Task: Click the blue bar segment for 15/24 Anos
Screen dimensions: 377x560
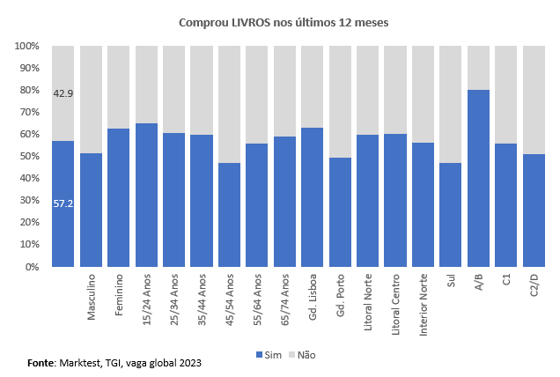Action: pyautogui.click(x=146, y=195)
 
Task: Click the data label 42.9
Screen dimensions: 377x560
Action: pyautogui.click(x=63, y=93)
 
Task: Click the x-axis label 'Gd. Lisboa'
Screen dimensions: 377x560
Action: pyautogui.click(x=313, y=296)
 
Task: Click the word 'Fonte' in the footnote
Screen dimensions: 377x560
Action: pyautogui.click(x=41, y=363)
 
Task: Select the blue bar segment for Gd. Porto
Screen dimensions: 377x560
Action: pyautogui.click(x=340, y=211)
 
